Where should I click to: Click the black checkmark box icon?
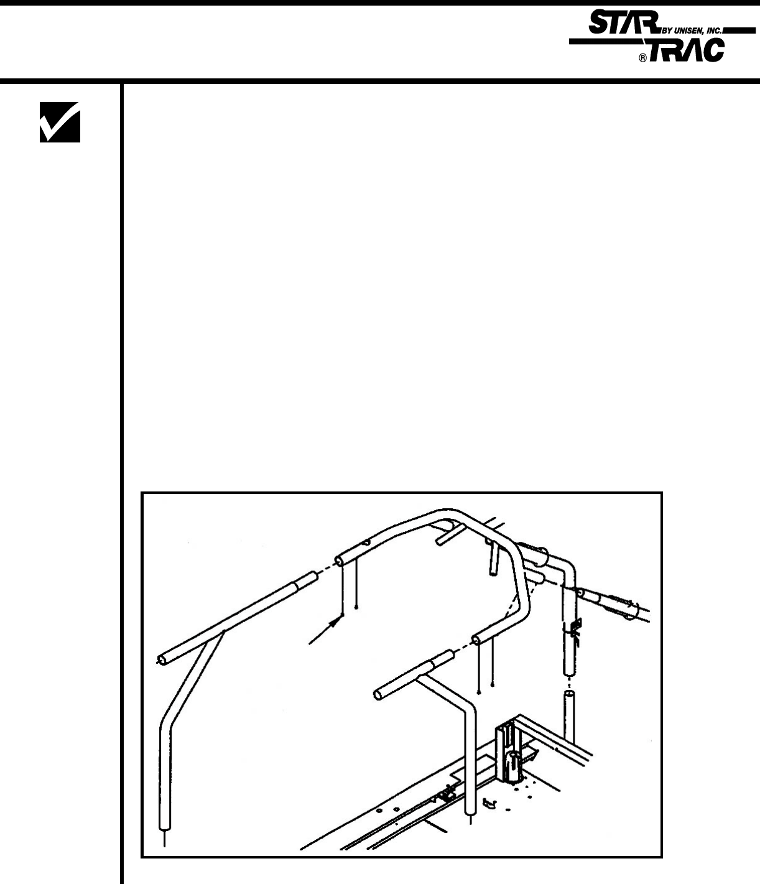[60, 123]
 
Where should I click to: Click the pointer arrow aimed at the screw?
[326, 631]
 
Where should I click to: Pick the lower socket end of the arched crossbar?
[480, 640]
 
